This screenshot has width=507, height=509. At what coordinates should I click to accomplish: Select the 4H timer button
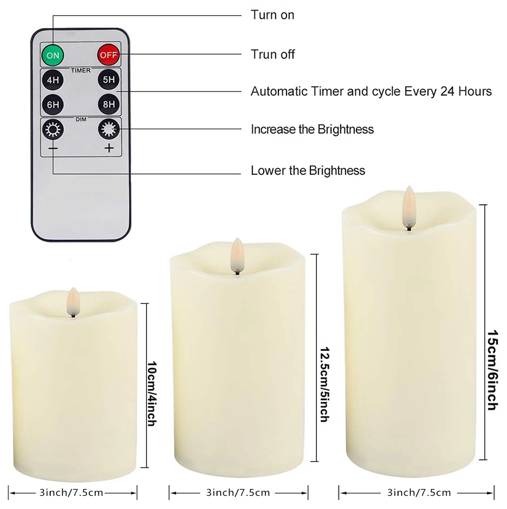[x=53, y=80]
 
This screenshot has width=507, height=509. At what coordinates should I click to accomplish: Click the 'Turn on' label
[x=272, y=15]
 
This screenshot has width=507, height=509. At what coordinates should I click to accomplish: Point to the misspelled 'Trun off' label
[x=272, y=54]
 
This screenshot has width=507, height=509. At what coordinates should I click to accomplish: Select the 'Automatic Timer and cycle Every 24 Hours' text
[x=371, y=92]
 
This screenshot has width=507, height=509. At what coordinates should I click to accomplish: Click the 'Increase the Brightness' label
[x=312, y=129]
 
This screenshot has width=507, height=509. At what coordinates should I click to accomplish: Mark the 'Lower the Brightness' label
[x=308, y=170]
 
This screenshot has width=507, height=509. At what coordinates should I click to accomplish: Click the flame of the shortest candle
[x=73, y=301]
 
